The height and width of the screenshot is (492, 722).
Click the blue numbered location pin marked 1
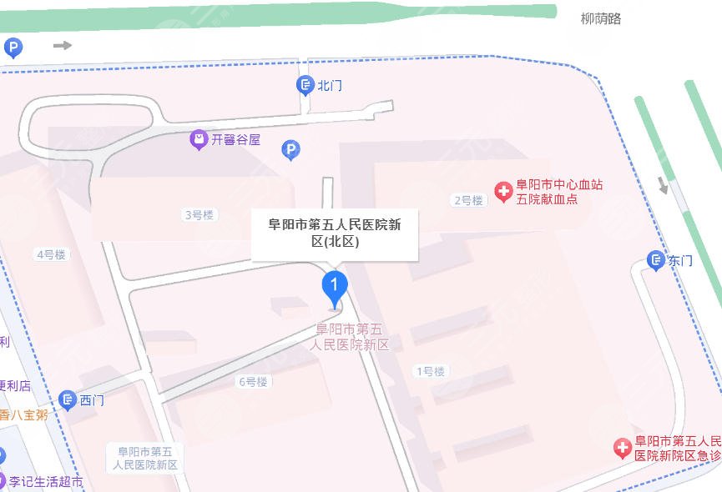(334, 287)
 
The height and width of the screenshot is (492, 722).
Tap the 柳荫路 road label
(601, 18)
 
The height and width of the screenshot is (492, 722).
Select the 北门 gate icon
(305, 85)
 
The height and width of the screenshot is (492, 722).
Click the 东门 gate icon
(657, 260)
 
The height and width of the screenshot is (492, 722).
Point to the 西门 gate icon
(68, 400)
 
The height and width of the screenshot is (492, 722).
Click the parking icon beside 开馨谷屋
(290, 150)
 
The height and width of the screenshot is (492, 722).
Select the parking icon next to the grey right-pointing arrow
(13, 48)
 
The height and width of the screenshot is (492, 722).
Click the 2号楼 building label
(468, 200)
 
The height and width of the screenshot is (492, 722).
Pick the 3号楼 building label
(199, 215)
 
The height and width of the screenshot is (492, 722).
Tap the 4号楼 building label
(51, 254)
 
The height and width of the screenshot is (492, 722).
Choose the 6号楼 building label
(253, 382)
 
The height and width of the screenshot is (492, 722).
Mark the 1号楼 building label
(430, 371)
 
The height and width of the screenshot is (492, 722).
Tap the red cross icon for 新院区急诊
(623, 449)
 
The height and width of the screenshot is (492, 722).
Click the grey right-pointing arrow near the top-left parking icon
(63, 45)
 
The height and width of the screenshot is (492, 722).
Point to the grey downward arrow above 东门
(664, 185)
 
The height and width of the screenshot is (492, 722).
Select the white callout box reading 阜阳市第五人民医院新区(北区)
(334, 233)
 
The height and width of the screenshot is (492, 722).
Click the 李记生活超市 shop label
(47, 482)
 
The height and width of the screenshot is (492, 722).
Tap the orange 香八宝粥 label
(23, 414)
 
